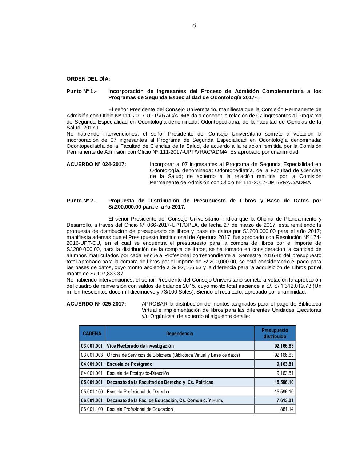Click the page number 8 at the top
194,25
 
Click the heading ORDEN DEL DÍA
88,79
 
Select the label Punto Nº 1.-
81,91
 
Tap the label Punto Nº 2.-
81,201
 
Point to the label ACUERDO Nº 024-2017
96,164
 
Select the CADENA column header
92,333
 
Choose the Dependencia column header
179,333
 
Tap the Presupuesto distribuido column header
275,333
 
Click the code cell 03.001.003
92,355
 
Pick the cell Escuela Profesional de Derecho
138,392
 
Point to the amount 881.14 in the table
287,409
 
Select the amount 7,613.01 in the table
285,400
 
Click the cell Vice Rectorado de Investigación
140,346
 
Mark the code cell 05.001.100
92,392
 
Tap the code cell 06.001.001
92,400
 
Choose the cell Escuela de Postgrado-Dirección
137,373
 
